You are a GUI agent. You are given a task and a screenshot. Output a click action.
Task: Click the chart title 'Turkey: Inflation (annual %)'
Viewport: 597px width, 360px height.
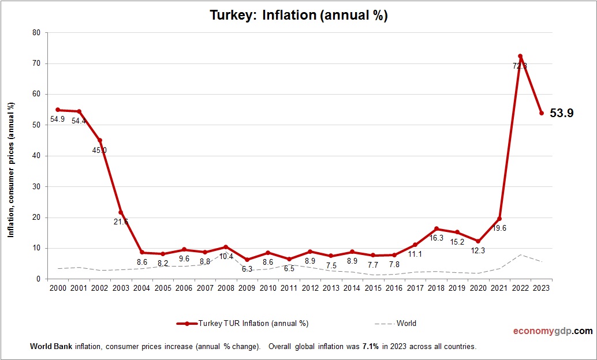click(x=298, y=16)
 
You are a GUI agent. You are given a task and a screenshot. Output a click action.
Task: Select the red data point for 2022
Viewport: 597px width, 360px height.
click(x=520, y=56)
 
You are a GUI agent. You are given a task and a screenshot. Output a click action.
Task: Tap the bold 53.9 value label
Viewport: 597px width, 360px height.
click(x=561, y=114)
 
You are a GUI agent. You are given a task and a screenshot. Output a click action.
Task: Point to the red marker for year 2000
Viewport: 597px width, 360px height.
click(x=58, y=110)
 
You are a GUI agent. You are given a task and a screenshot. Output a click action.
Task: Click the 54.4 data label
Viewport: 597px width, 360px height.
click(x=79, y=121)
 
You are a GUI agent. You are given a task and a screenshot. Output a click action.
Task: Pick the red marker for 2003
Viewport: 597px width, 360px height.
click(x=121, y=212)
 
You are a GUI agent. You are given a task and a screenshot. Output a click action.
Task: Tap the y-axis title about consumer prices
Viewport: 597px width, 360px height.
click(x=10, y=170)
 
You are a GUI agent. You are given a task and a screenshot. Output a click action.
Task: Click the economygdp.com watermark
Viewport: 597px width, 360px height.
click(x=553, y=331)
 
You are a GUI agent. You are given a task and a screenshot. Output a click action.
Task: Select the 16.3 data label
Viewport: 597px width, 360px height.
click(x=436, y=238)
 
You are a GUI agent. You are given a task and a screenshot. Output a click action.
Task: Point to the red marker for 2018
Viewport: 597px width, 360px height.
click(x=436, y=229)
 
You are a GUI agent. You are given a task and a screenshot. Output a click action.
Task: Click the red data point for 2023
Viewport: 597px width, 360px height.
click(x=542, y=113)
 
